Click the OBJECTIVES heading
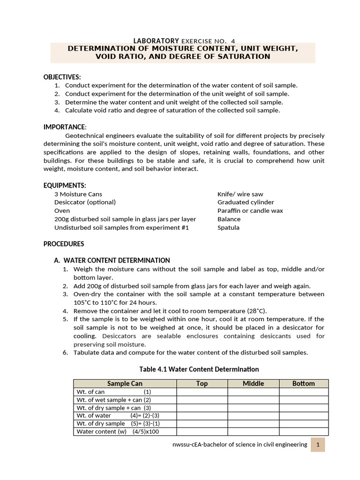coord(62,77)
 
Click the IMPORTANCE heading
coord(65,127)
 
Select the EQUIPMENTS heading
coord(65,186)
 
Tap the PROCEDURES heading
coord(64,244)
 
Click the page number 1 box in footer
coord(317,445)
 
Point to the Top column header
coord(202,383)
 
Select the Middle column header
coord(253,383)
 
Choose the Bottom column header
coord(304,383)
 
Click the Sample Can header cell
coord(125,383)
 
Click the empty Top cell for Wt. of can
coord(202,392)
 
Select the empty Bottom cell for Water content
coord(304,432)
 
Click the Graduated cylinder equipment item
coord(246,202)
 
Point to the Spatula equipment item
coord(228,228)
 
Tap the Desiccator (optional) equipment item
coord(85,202)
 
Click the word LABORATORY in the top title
coord(157,41)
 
